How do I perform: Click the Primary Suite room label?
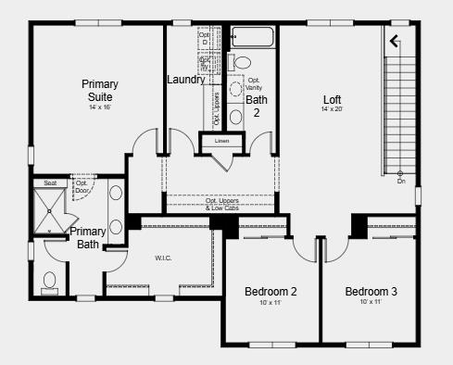coord(99,90)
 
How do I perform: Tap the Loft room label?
coord(332,99)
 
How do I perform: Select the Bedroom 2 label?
coord(271,292)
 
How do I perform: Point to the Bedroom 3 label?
coord(371,292)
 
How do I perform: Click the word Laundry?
coord(186,80)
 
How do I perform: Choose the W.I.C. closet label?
coord(163,258)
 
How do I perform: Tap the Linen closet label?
coord(221,141)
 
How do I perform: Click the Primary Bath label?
coord(88,237)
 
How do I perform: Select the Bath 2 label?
coord(257,106)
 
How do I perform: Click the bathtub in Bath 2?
coord(249,39)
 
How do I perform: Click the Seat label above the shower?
coord(50,183)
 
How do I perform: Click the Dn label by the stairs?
coord(401,182)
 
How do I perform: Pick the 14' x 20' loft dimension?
coord(332,110)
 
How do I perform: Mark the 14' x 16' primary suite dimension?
coord(99,107)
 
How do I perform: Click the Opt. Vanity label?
coord(255,82)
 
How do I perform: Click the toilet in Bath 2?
coord(242,62)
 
